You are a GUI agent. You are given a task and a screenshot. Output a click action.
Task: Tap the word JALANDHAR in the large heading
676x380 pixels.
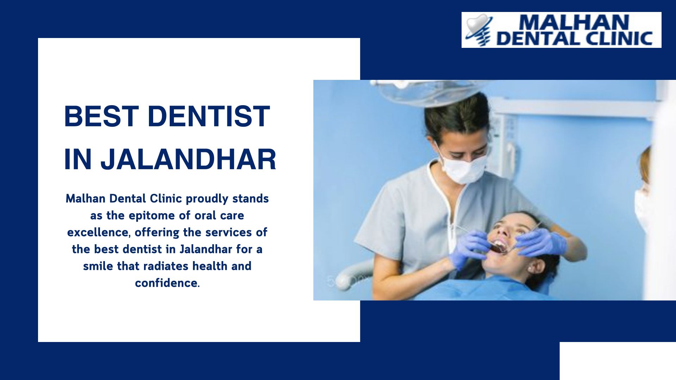(x=188, y=159)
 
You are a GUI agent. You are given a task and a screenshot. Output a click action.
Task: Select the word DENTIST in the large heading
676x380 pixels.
(x=209, y=116)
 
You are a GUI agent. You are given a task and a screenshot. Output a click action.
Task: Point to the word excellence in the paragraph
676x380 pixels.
(x=98, y=232)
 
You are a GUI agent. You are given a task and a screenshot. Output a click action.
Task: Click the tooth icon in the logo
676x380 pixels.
(x=479, y=30)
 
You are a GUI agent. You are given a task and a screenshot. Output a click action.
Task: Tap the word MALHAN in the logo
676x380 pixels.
(x=574, y=23)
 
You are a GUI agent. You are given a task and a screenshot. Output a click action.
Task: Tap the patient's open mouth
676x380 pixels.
(x=499, y=246)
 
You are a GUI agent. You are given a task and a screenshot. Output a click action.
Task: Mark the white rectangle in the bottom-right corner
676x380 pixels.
(x=618, y=361)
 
